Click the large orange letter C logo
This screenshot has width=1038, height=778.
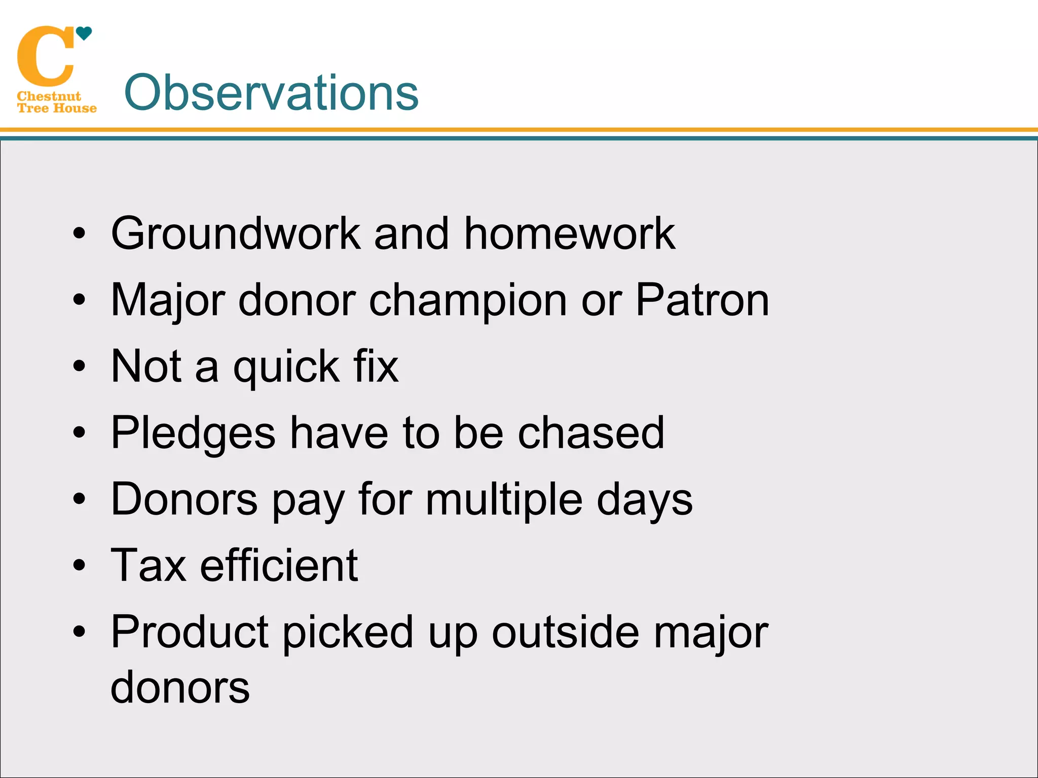pyautogui.click(x=46, y=57)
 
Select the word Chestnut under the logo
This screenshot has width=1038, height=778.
pyautogui.click(x=49, y=96)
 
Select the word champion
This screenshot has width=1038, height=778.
pyautogui.click(x=467, y=301)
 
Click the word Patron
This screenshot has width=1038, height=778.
pyautogui.click(x=702, y=300)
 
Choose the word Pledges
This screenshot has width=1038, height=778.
pyautogui.click(x=193, y=434)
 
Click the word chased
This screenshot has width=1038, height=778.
pyautogui.click(x=590, y=433)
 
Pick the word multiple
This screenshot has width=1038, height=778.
pyautogui.click(x=504, y=500)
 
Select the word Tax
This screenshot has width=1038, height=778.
pyautogui.click(x=149, y=565)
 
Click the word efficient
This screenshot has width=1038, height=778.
pyautogui.click(x=279, y=565)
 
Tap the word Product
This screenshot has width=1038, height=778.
pyautogui.click(x=190, y=632)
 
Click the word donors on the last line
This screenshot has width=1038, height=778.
pyautogui.click(x=180, y=688)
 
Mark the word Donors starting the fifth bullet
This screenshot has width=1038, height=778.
pyautogui.click(x=184, y=499)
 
